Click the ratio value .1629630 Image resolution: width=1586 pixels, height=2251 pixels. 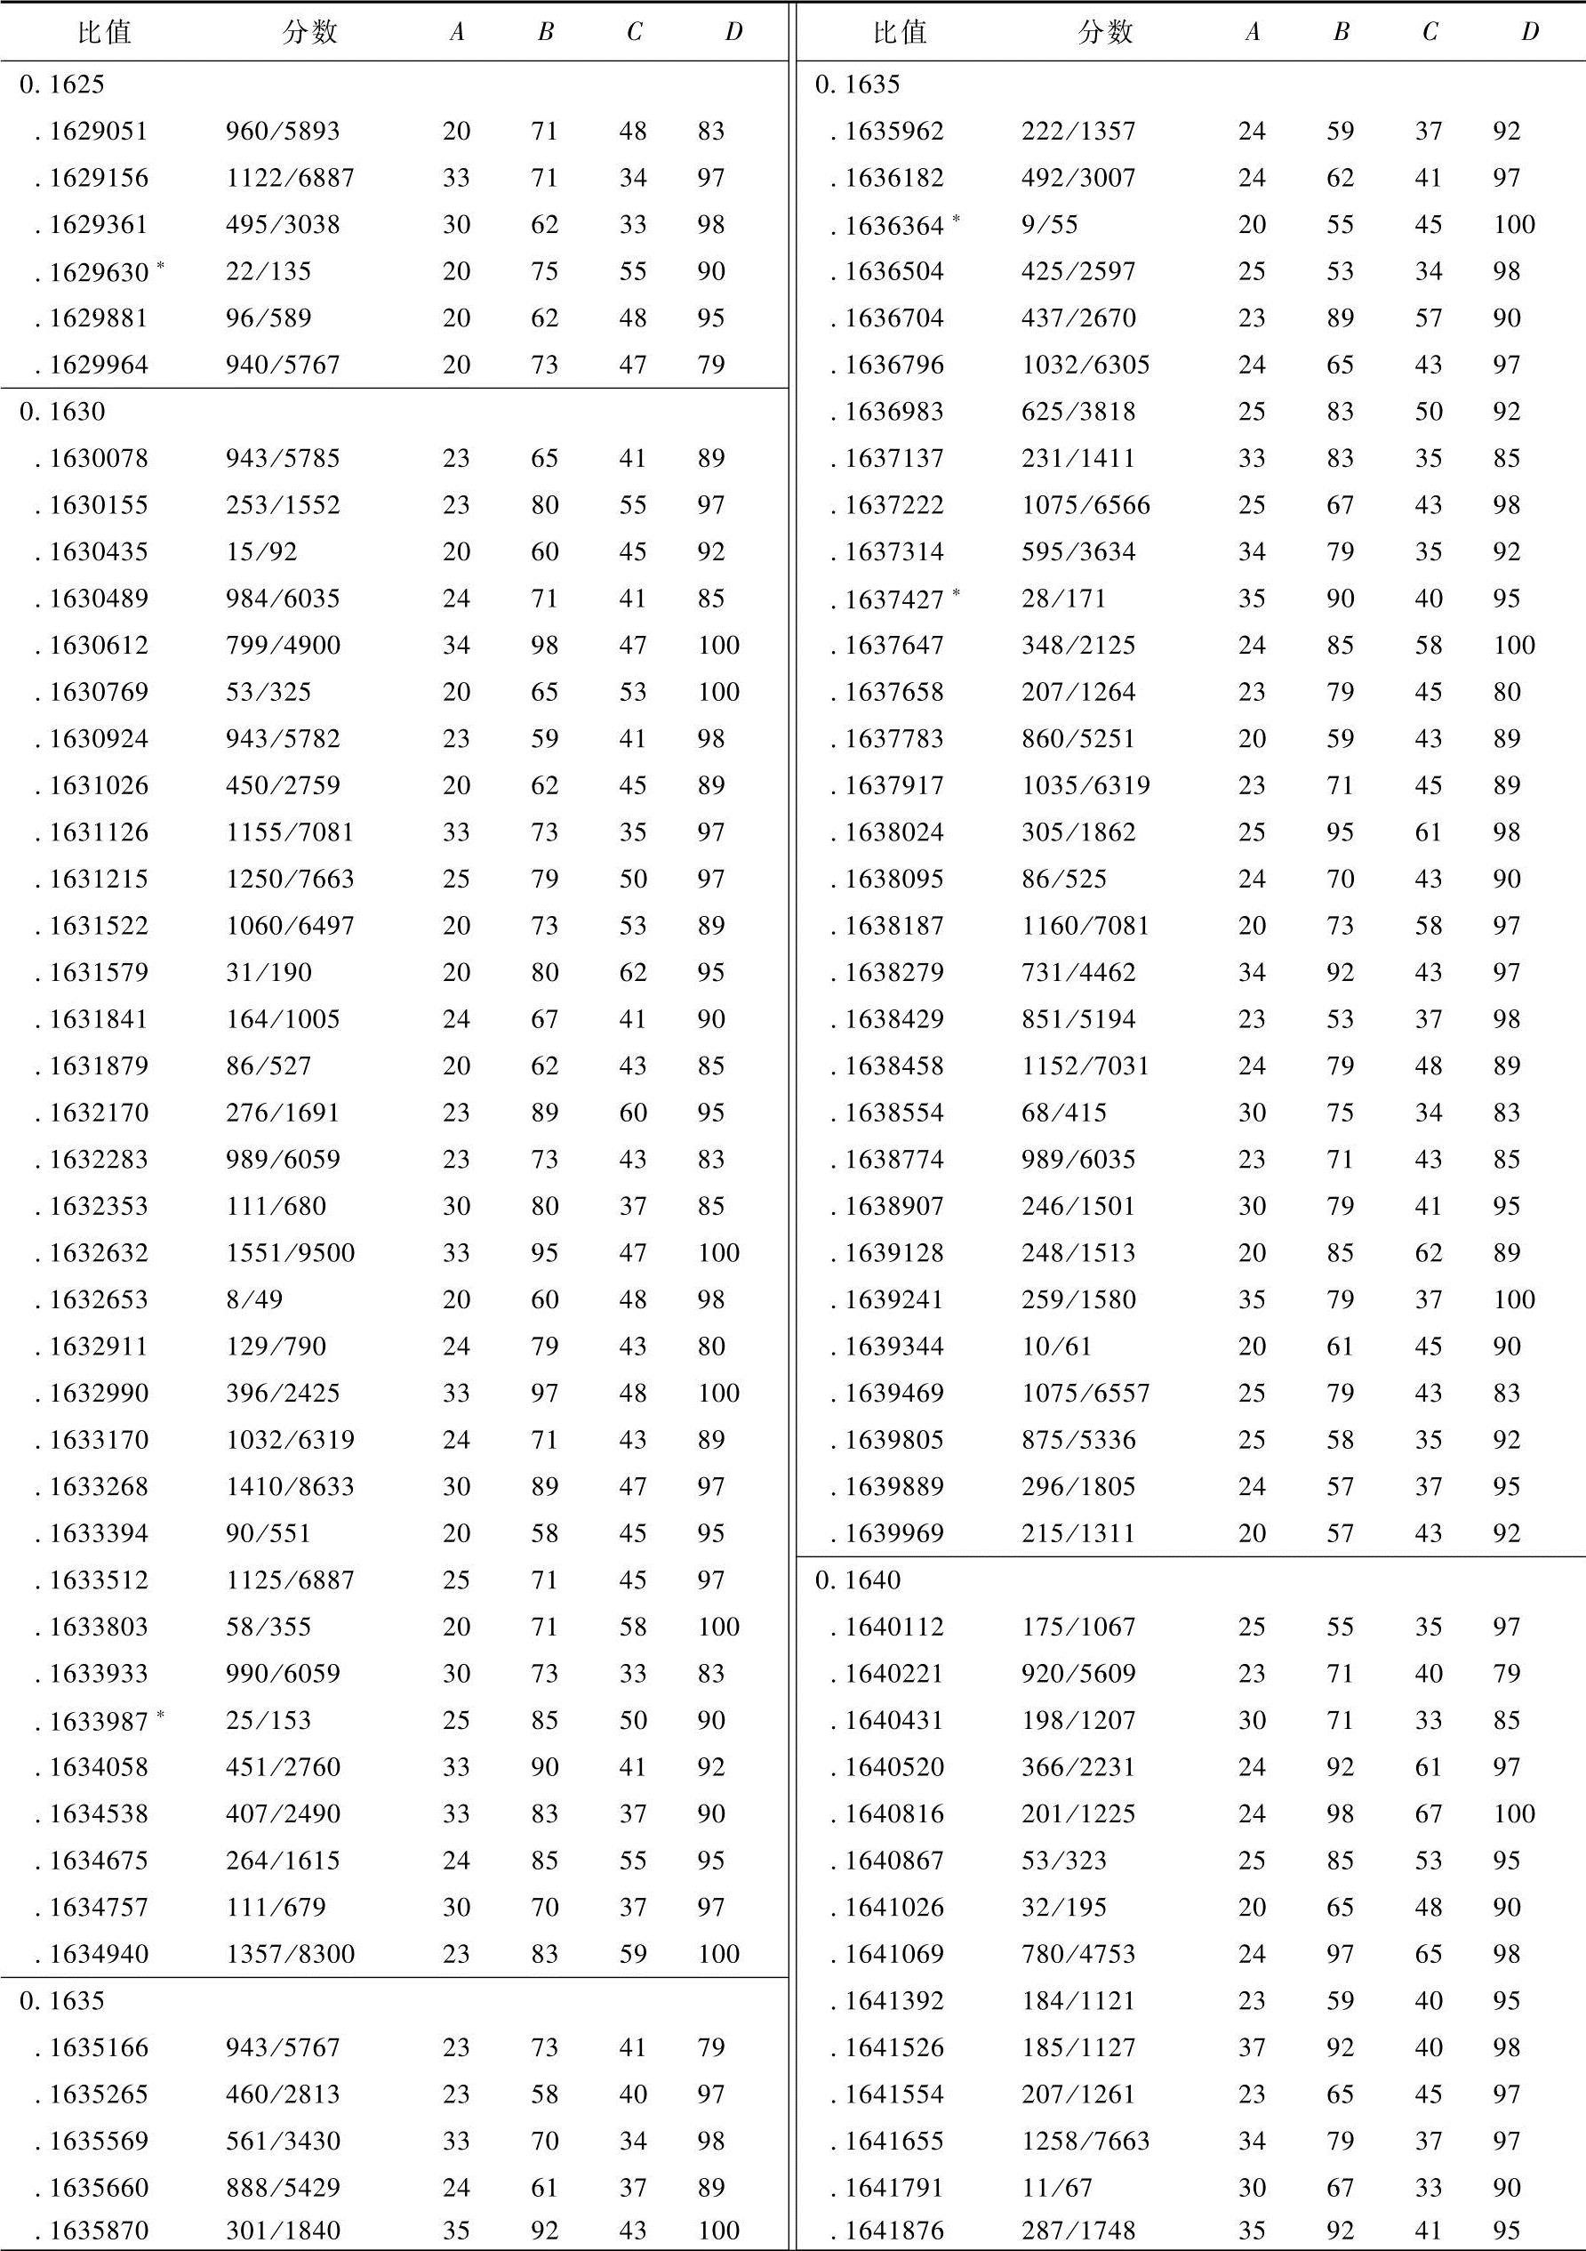point(98,271)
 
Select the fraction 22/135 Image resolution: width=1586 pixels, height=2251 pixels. point(268,271)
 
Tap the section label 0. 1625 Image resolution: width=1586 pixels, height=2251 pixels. point(60,84)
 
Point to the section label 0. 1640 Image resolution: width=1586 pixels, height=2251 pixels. point(858,1580)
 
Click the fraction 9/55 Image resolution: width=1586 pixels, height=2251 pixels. point(1049,224)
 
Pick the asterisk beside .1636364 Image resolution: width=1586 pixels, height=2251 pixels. point(956,218)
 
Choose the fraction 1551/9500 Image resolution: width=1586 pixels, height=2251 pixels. point(289,1253)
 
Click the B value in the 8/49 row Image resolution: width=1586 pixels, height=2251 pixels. point(544,1300)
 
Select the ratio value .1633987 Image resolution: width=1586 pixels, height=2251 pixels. point(98,1721)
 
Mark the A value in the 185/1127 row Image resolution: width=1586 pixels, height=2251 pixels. point(1252,2047)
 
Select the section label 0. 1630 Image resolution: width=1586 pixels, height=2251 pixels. point(60,412)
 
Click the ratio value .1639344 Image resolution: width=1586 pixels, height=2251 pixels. point(894,1347)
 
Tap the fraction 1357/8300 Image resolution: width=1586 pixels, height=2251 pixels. point(289,1954)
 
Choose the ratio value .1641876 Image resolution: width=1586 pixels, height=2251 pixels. point(894,2231)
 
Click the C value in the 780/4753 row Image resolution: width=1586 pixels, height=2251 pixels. point(1428,1954)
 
